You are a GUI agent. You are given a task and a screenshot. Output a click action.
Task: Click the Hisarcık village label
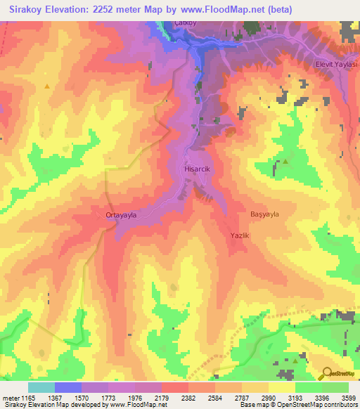pyautogui.click(x=193, y=169)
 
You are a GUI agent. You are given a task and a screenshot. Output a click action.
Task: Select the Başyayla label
pyautogui.click(x=265, y=214)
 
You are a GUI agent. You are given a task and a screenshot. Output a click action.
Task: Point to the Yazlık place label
pyautogui.click(x=240, y=236)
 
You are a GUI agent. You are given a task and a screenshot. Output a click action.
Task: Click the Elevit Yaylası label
pyautogui.click(x=337, y=64)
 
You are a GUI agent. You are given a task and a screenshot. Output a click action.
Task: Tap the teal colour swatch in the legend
pyautogui.click(x=41, y=387)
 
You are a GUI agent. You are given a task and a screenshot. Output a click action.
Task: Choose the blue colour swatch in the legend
pyautogui.click(x=68, y=387)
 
